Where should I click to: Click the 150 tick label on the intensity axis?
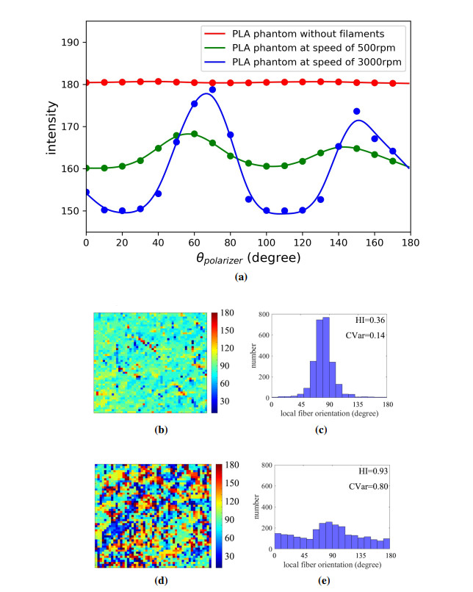coord(70,211)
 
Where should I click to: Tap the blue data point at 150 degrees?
coord(356,111)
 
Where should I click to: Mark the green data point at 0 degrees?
coord(87,168)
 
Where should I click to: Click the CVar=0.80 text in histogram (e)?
coord(360,486)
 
